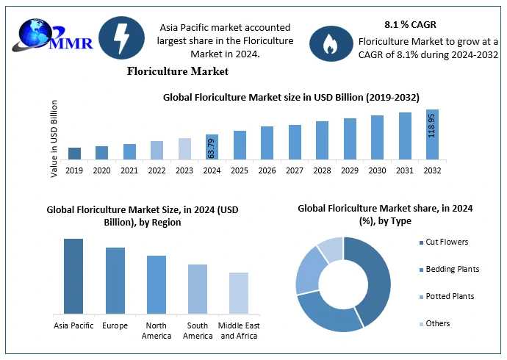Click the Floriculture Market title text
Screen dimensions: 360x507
[x=177, y=71]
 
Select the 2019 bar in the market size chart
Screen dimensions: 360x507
[x=74, y=153]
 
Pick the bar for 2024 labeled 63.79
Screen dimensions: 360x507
[x=212, y=148]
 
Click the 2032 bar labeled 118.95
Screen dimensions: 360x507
[x=432, y=134]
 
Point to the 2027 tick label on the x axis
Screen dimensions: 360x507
[x=295, y=170]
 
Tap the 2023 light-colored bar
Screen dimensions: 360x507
[x=184, y=148]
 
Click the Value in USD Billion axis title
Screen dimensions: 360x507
[x=54, y=139]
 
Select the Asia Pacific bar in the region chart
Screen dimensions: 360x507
[x=73, y=276]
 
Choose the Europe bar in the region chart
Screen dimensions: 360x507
[x=115, y=281]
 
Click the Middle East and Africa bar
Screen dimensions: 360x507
[x=239, y=293]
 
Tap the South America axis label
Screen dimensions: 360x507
[x=198, y=331]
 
